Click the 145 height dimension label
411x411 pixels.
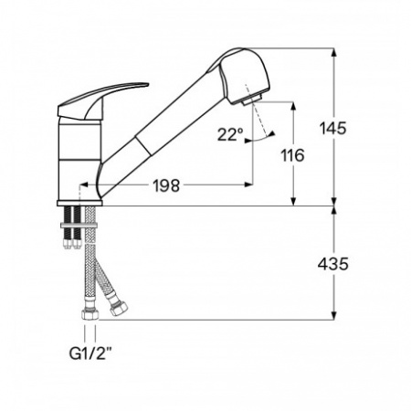(x=333, y=128)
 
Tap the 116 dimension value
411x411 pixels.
(x=292, y=155)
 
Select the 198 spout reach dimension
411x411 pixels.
(x=166, y=185)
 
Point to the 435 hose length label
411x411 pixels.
(x=333, y=264)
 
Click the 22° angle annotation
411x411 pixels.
(x=230, y=134)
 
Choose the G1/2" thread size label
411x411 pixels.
(x=90, y=353)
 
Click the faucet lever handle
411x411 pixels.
(x=102, y=101)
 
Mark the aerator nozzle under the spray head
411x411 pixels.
(x=252, y=100)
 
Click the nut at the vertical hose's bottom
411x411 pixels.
(x=90, y=315)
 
